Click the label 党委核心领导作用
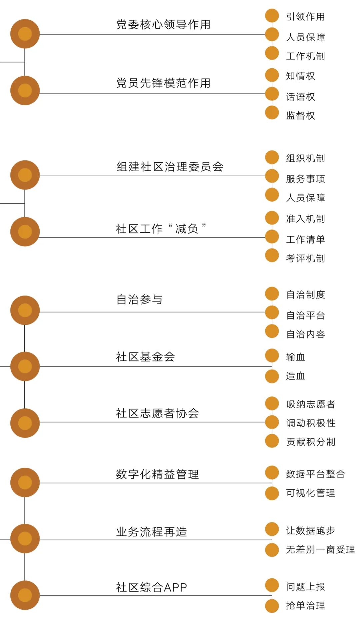[x=163, y=25]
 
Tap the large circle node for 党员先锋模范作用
[x=25, y=90]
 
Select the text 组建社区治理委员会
[x=170, y=167]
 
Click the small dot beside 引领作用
[x=272, y=16]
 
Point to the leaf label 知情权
[x=300, y=76]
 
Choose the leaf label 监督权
[x=300, y=116]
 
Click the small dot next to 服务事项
[x=272, y=176]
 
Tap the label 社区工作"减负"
[x=161, y=229]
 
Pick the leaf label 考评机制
[x=305, y=258]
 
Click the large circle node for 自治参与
[x=25, y=310]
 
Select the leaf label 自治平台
[x=305, y=315]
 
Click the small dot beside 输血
[x=272, y=355]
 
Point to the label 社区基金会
[x=145, y=357]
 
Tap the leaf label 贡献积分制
[x=310, y=442]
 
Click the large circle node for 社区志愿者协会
[x=25, y=423]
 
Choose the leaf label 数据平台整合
[x=315, y=474]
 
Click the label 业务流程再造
[x=151, y=532]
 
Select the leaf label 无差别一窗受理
[x=320, y=549]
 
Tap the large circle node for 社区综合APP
[x=25, y=595]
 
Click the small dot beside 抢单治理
[x=272, y=606]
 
